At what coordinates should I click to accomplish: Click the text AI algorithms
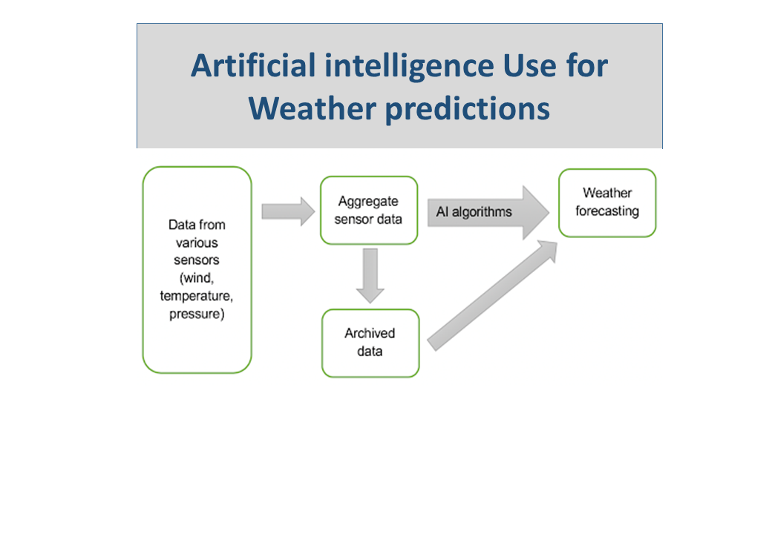474,212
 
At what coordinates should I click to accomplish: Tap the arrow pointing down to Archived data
369,274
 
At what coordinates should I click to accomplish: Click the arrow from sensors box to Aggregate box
288,211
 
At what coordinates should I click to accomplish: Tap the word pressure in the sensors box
197,314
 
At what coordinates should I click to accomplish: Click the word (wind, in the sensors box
197,278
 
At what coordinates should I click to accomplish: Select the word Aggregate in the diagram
368,201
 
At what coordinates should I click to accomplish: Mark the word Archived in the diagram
370,333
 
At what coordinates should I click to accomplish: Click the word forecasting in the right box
606,211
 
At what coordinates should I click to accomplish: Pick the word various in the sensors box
197,243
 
